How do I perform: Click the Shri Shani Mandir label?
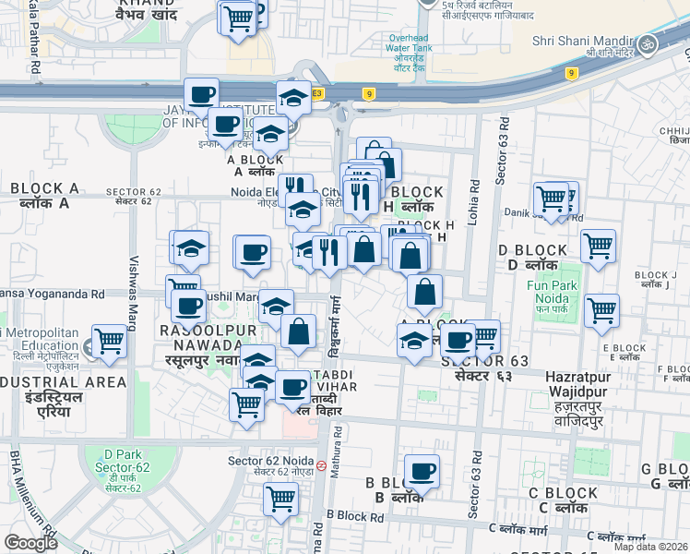[582, 41]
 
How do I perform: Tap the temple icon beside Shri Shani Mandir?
[647, 43]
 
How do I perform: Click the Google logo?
[30, 543]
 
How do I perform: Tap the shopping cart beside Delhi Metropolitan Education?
[110, 341]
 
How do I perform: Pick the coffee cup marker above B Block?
[422, 471]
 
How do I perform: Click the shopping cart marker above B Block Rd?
[280, 499]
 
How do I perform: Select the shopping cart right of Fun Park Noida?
[601, 310]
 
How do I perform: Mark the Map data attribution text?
[650, 547]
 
